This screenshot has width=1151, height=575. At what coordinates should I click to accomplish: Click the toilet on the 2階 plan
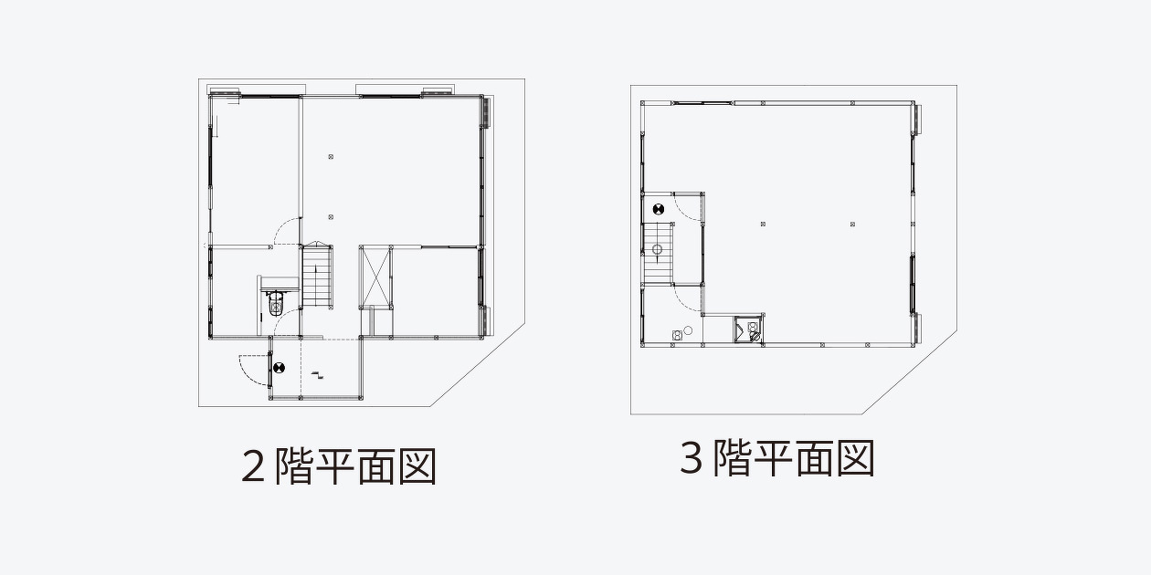click(x=276, y=304)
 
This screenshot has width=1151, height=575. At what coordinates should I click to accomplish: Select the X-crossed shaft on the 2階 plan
click(x=375, y=277)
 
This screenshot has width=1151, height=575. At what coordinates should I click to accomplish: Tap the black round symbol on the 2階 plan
click(x=279, y=368)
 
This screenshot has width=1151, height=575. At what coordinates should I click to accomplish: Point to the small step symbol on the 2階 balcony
click(x=318, y=374)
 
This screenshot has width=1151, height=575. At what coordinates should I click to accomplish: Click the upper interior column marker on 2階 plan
click(x=331, y=157)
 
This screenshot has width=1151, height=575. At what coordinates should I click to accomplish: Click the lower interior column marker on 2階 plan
click(x=331, y=217)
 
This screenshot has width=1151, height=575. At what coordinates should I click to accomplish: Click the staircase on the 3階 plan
click(x=658, y=253)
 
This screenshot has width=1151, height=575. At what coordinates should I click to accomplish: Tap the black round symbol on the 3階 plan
click(x=659, y=209)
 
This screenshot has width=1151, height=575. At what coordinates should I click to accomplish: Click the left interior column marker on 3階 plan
click(x=763, y=224)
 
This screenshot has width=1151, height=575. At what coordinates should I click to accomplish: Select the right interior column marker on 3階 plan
click(x=852, y=224)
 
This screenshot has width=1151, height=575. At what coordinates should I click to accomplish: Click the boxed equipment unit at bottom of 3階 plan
click(x=748, y=329)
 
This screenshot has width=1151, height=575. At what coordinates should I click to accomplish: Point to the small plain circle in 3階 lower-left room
click(x=689, y=330)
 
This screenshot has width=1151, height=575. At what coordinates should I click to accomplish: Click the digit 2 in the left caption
click(x=253, y=466)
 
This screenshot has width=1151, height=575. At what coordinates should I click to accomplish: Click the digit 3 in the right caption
click(x=692, y=457)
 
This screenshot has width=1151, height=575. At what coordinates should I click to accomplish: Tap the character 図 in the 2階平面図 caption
click(x=418, y=466)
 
